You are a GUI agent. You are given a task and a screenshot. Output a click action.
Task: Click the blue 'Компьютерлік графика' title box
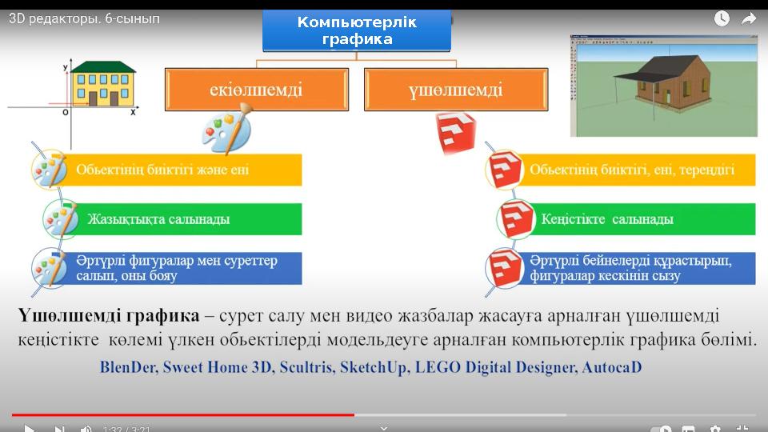tap(357, 30)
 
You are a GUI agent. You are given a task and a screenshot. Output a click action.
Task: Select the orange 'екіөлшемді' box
tap(256, 89)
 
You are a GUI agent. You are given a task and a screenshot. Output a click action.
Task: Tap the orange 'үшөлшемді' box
tap(456, 89)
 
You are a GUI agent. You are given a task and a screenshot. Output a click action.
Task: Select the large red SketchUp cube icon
tap(455, 133)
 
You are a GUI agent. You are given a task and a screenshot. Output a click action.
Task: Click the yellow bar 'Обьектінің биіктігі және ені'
tap(184, 170)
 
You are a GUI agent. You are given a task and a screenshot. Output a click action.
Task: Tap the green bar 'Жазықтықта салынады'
tap(184, 219)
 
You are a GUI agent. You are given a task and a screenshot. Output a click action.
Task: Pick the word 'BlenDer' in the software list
tap(130, 368)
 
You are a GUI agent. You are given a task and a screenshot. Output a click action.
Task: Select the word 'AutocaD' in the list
tap(611, 368)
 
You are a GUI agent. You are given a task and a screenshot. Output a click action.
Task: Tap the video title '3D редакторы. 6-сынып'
tap(84, 18)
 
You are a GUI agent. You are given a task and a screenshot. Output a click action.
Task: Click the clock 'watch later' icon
tap(722, 18)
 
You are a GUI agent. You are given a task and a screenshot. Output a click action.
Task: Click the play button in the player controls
tap(29, 429)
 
